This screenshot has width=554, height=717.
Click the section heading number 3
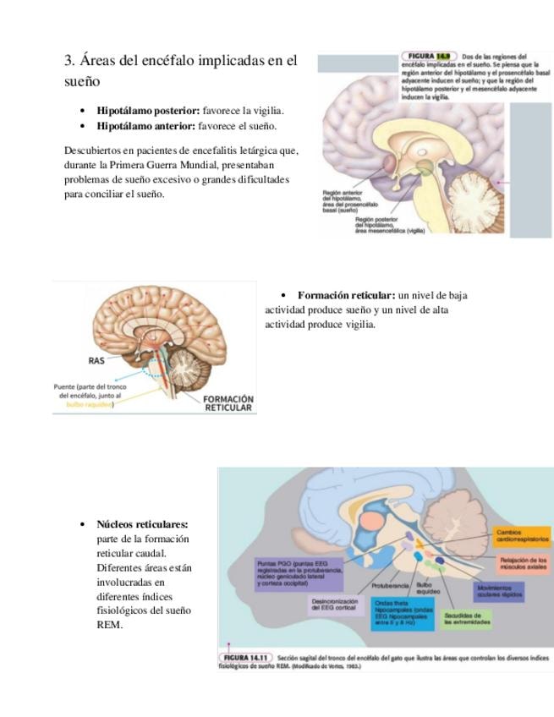point(69,62)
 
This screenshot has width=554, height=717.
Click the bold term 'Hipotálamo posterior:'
point(148,111)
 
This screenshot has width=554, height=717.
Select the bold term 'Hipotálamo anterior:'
point(146,126)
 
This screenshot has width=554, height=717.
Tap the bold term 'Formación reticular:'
point(346,295)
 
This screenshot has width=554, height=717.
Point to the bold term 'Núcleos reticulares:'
point(142,524)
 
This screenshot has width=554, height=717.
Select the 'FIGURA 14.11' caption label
point(245,657)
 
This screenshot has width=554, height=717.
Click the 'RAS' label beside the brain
point(96,360)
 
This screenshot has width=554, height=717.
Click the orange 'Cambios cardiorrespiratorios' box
point(522,536)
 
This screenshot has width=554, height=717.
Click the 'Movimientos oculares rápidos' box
point(499,591)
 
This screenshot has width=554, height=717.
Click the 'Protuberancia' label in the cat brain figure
point(390,585)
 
